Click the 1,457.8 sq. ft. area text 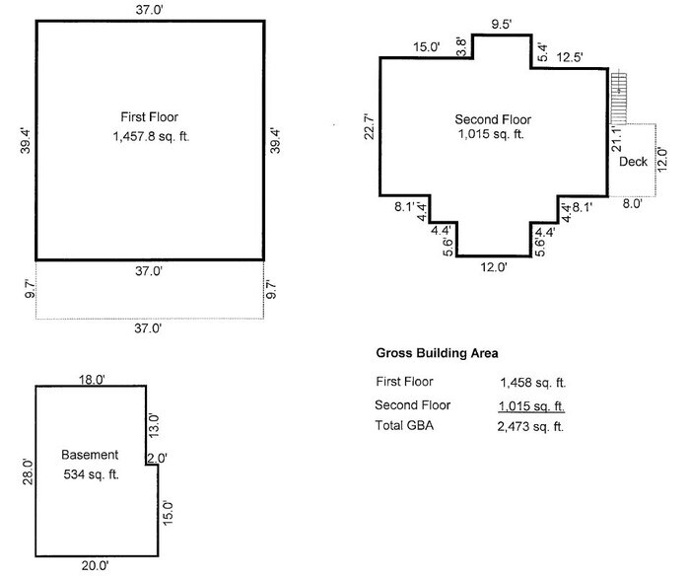pyautogui.click(x=151, y=137)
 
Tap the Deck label pyautogui.click(x=633, y=161)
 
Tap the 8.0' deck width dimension pyautogui.click(x=632, y=204)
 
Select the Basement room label pyautogui.click(x=90, y=455)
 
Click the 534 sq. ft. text pyautogui.click(x=90, y=474)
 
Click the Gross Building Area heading pyautogui.click(x=437, y=352)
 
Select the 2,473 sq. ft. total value pyautogui.click(x=533, y=427)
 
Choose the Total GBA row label pyautogui.click(x=406, y=426)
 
